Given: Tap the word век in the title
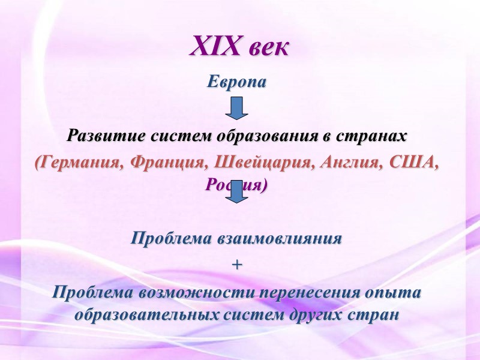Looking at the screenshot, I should point(266,47).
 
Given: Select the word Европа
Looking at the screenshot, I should point(236,81).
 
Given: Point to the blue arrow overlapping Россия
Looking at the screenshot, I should point(236,191).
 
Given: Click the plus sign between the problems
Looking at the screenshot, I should point(236,265).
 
